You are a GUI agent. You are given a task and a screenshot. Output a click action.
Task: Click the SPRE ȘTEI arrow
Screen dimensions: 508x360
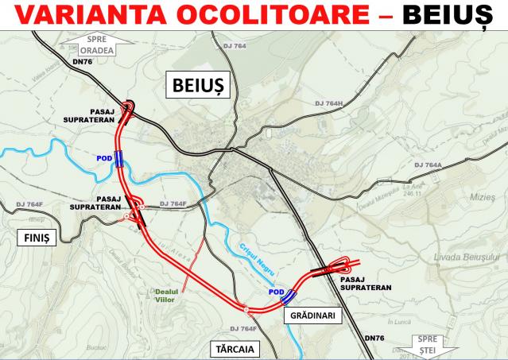[x=429, y=345]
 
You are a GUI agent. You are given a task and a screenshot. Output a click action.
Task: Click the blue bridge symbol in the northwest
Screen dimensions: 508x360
[x=118, y=157]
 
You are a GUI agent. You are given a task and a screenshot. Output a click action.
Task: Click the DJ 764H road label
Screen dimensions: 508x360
[x=328, y=104]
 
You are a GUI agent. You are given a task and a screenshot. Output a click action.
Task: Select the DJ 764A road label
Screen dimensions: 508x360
[x=428, y=165]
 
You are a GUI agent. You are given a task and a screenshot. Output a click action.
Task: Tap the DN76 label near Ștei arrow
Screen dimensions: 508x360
[x=375, y=338]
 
